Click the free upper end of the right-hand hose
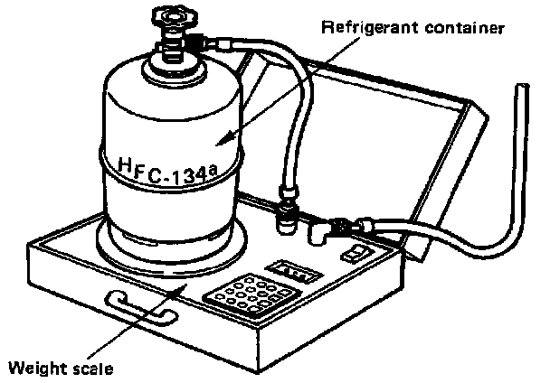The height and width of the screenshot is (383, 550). (x=520, y=90)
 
